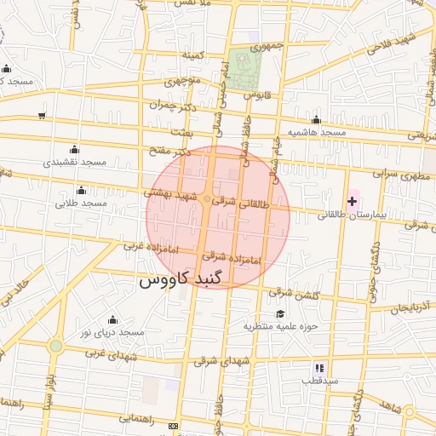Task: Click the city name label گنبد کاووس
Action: pos(181,279)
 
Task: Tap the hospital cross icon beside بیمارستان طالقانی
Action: pos(352,200)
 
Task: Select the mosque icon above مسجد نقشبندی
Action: pos(73,149)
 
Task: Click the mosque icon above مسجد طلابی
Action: pos(81,190)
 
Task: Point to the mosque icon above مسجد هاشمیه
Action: pos(317,120)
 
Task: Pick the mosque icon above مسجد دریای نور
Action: pos(112,319)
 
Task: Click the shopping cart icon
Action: pos(42,115)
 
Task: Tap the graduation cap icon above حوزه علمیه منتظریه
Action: pos(280,313)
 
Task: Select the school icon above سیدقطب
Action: pos(319,368)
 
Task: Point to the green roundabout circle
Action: pos(56,346)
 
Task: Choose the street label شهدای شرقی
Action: pos(217,361)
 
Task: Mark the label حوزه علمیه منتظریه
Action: pos(280,326)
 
